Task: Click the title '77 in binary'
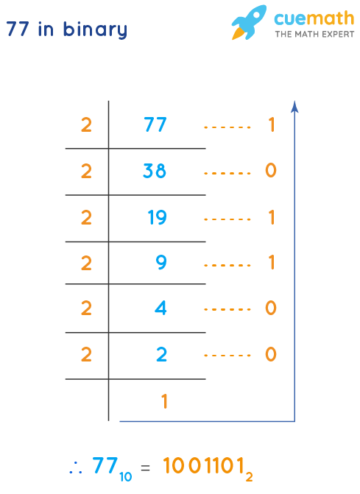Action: tap(66, 30)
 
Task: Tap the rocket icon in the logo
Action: tap(248, 23)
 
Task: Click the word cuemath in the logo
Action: tap(314, 18)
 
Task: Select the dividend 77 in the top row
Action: tap(155, 125)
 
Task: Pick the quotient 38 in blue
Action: tap(155, 172)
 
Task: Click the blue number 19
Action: tap(157, 217)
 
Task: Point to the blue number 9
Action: tap(161, 263)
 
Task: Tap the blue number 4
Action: tap(161, 308)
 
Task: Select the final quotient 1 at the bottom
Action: tap(165, 401)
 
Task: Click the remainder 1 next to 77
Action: tap(271, 125)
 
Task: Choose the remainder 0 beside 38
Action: tap(270, 172)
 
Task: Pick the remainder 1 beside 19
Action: tap(271, 217)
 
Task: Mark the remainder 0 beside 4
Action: tap(270, 308)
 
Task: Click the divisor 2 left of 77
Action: tap(86, 125)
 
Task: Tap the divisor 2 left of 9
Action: tap(86, 263)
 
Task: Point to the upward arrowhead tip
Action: tap(294, 104)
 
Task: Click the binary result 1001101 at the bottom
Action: tap(207, 466)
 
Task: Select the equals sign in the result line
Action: tap(145, 467)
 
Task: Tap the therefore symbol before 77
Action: tap(74, 467)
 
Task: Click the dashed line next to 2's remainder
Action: tap(227, 355)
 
